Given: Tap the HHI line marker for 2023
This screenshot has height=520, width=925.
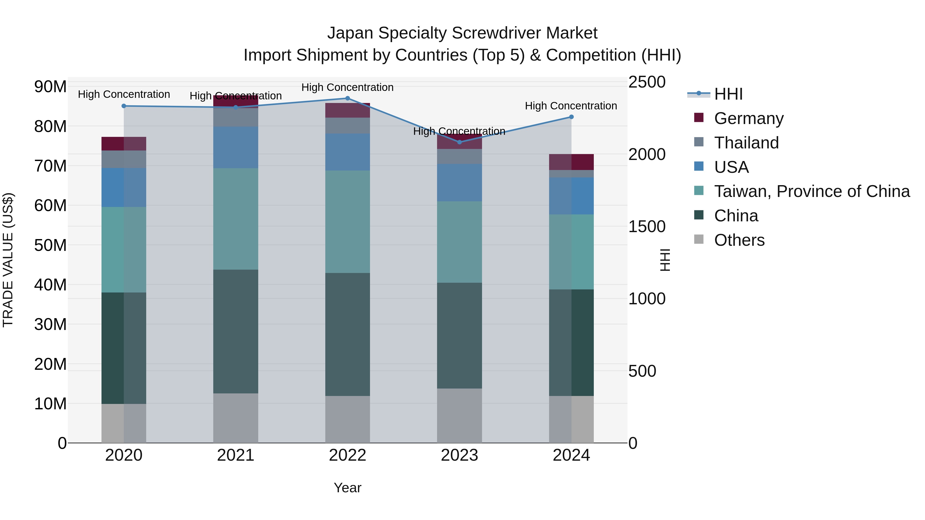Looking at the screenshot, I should coord(459,142).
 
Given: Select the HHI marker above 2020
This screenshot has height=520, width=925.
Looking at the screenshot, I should coord(124,106).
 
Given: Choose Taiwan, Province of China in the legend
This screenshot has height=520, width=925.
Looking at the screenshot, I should coord(811,191).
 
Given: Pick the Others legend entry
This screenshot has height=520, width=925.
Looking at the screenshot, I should coord(739,240).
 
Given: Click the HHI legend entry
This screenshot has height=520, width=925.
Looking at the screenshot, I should coord(728,94).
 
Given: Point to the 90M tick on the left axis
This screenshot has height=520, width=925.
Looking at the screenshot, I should coord(50,87).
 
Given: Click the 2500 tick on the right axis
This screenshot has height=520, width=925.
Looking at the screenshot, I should coord(647,82).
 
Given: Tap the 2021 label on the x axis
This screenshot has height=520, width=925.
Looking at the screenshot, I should coord(236,455).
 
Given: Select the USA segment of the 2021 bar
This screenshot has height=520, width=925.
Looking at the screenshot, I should coord(236,147).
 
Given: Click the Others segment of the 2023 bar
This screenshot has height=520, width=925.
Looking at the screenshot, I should coord(459,415).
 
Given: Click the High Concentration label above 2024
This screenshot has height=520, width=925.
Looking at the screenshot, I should coord(571,106).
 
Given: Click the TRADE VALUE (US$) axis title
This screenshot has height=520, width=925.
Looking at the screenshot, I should coord(8,260).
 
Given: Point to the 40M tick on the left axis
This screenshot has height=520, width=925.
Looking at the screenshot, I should coord(50,285).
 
